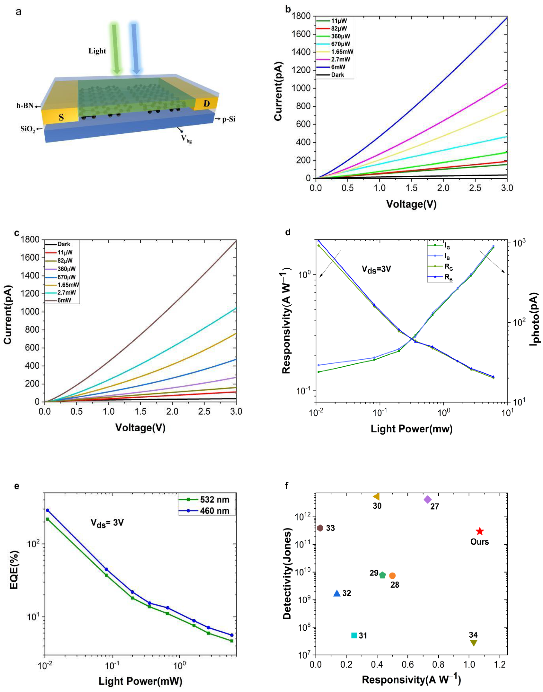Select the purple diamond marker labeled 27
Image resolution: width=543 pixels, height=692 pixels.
pyautogui.click(x=428, y=500)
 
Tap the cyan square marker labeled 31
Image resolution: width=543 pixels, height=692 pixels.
pyautogui.click(x=354, y=635)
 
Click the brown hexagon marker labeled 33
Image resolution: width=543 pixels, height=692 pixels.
pyautogui.click(x=320, y=528)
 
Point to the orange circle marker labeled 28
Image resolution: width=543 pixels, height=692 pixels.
pyautogui.click(x=392, y=576)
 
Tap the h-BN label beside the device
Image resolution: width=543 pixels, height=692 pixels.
pyautogui.click(x=25, y=106)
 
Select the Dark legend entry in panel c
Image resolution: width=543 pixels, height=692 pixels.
pyautogui.click(x=64, y=244)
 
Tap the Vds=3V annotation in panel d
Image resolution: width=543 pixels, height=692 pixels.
pyautogui.click(x=376, y=269)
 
